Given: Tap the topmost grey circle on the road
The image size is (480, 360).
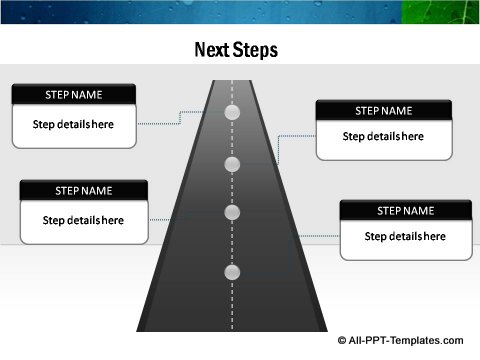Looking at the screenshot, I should click(x=233, y=113).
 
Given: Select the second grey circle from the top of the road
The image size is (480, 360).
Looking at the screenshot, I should click(x=233, y=164).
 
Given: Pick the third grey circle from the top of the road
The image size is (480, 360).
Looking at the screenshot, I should click(x=233, y=212).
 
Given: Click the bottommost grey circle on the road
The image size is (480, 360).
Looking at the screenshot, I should click(x=233, y=272).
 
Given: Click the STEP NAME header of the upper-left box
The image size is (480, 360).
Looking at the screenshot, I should click(x=73, y=95).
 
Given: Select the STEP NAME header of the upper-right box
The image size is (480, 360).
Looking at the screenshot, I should click(x=383, y=111).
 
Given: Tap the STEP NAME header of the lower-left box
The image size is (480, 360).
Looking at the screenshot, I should click(x=83, y=190).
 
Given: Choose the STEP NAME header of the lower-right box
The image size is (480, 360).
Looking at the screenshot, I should click(x=405, y=211).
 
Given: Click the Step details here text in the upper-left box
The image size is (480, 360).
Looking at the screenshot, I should click(x=73, y=125).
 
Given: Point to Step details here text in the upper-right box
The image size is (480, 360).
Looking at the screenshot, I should click(x=383, y=137).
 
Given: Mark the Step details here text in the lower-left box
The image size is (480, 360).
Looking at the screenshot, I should click(x=83, y=220).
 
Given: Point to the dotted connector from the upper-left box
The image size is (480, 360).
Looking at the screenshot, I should click(x=160, y=123).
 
